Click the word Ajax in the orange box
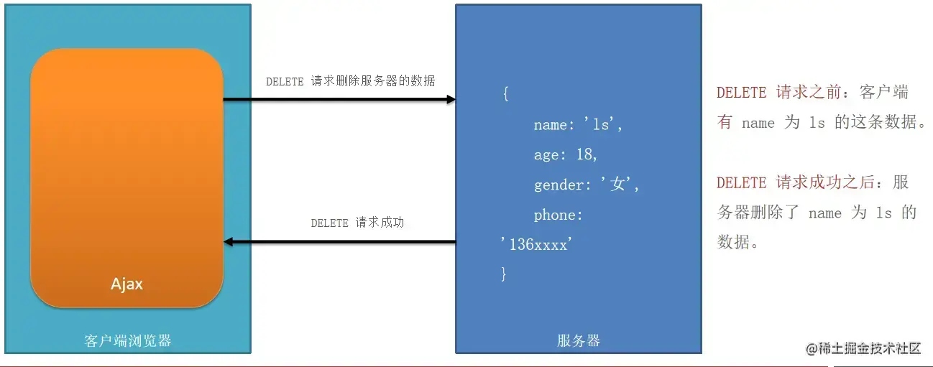[x=127, y=284]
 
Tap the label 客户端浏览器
[x=128, y=340]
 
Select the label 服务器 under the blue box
[x=578, y=340]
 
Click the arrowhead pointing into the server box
[x=451, y=99]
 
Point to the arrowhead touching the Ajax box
[x=229, y=242]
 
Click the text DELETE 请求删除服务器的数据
[x=350, y=81]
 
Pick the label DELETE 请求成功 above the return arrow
[x=357, y=223]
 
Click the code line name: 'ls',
[x=577, y=125]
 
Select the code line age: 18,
[x=566, y=155]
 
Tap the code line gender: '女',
[x=586, y=185]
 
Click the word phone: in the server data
[x=558, y=215]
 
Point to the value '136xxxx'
[x=535, y=244]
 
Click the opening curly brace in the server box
[x=505, y=95]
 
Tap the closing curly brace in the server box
[x=504, y=274]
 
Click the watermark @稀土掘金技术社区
[x=863, y=348]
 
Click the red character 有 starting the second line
[x=725, y=123]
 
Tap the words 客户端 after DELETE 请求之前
[x=884, y=93]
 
